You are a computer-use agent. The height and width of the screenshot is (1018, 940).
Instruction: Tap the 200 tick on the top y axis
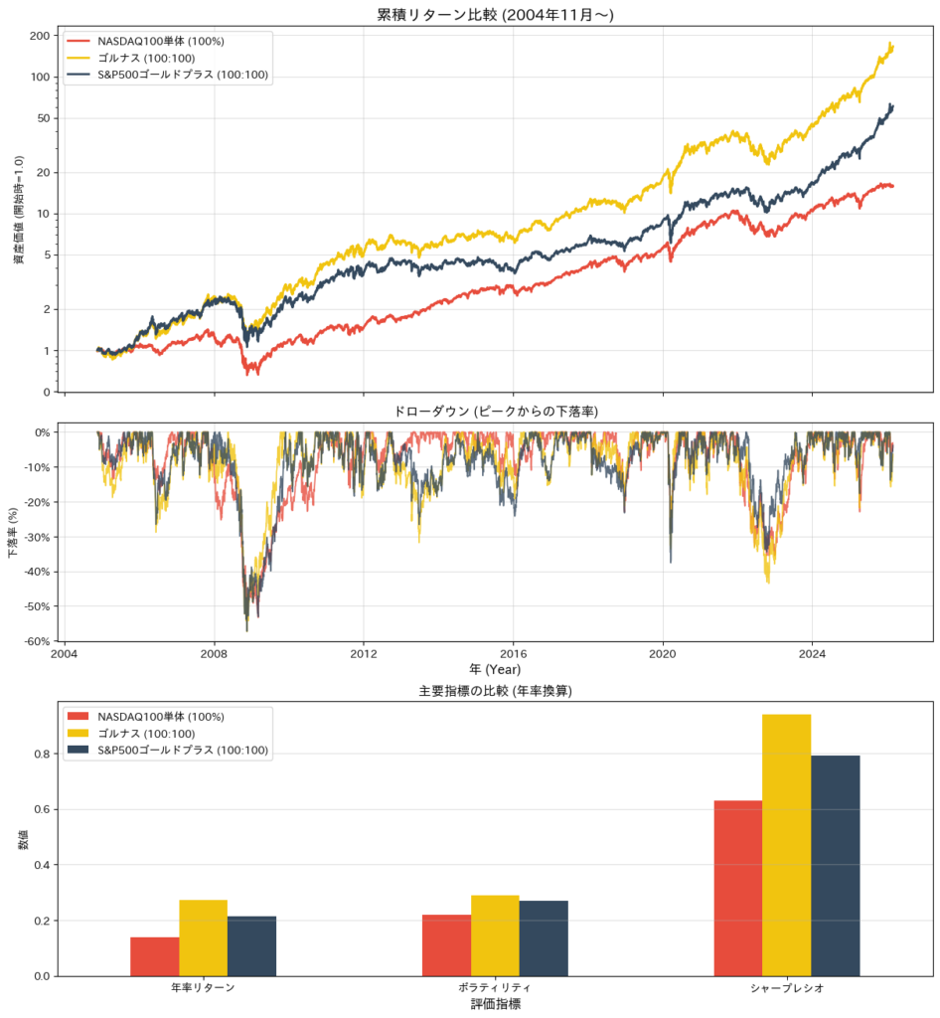point(40,36)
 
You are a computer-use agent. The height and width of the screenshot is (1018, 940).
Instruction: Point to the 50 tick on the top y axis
point(43,118)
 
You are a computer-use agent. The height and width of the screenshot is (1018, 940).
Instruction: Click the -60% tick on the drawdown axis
point(37,641)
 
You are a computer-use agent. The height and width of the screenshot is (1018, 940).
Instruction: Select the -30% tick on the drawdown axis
point(37,537)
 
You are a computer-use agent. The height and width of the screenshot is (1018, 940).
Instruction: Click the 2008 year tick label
point(214,655)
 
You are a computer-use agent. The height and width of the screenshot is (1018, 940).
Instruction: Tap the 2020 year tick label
point(663,655)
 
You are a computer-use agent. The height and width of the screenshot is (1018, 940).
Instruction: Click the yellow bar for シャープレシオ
point(786,844)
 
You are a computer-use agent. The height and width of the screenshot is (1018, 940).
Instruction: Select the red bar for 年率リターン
point(155,955)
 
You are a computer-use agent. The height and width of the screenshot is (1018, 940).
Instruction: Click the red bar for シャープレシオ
point(737,888)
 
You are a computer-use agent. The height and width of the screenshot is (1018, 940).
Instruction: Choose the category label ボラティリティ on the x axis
point(495,989)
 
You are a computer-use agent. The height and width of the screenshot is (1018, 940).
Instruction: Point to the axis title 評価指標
point(495,1005)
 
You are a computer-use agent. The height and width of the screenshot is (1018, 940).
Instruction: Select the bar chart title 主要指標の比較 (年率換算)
point(495,691)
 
